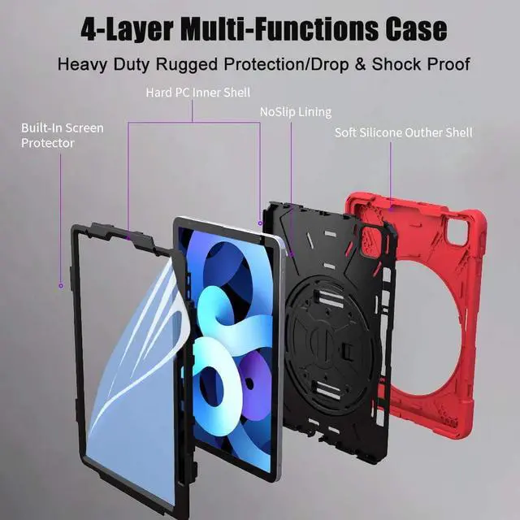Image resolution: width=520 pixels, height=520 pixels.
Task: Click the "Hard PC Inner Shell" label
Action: point(197,93)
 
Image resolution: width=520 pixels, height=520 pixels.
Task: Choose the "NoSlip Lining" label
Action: point(295,111)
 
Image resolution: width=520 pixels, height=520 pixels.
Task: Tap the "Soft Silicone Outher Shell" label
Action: point(403,132)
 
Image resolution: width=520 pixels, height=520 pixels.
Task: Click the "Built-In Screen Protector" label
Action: point(62,136)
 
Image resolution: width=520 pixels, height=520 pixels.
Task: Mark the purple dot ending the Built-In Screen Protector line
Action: point(60,285)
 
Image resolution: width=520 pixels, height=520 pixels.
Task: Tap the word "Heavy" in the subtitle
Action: point(83,63)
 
